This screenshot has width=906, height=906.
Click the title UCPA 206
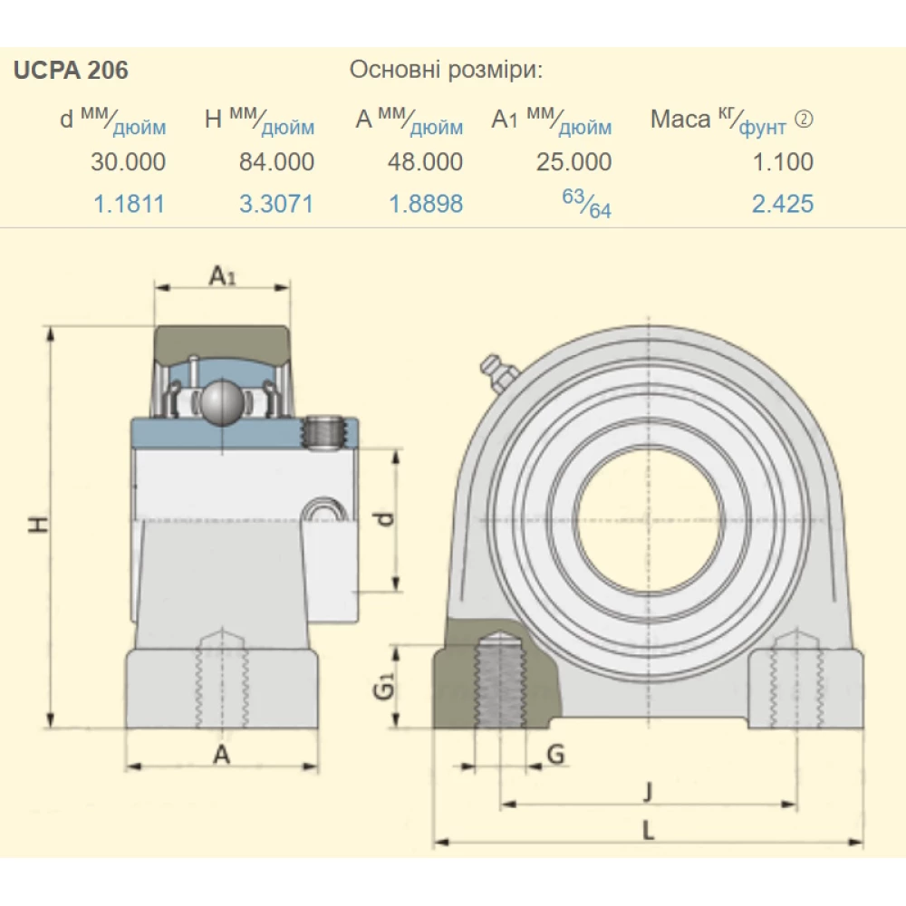71,71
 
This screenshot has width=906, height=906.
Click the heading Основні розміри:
446,71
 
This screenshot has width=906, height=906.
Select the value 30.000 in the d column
128,162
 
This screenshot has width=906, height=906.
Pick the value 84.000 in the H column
276,162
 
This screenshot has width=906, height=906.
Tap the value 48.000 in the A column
425,162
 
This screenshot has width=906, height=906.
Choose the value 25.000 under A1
574,162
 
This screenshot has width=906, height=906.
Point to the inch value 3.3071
276,204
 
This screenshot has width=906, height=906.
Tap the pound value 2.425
783,204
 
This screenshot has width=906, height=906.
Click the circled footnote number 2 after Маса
803,120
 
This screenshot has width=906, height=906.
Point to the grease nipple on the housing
494,371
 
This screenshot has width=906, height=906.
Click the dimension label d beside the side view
386,519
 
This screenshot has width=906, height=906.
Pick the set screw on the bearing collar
325,431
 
